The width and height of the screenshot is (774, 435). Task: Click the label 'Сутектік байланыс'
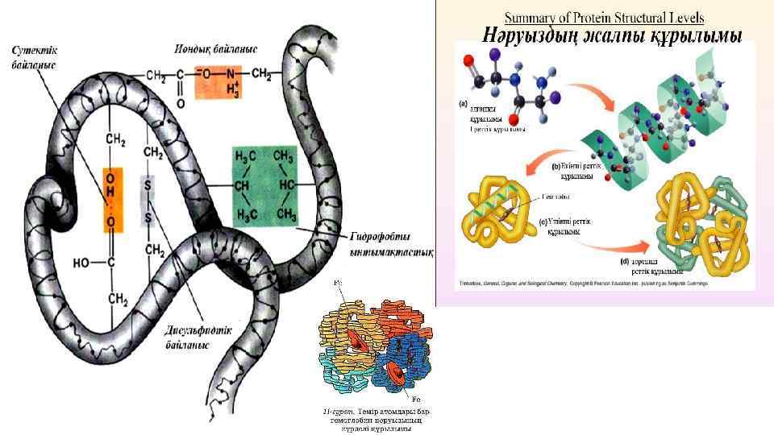click(x=33, y=57)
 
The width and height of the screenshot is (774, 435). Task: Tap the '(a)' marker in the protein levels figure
click(x=463, y=104)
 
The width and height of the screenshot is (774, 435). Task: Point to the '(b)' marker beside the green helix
click(x=555, y=166)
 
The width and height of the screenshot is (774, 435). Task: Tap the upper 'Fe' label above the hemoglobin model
click(x=336, y=285)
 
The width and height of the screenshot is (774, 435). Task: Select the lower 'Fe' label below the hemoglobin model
click(x=416, y=400)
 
